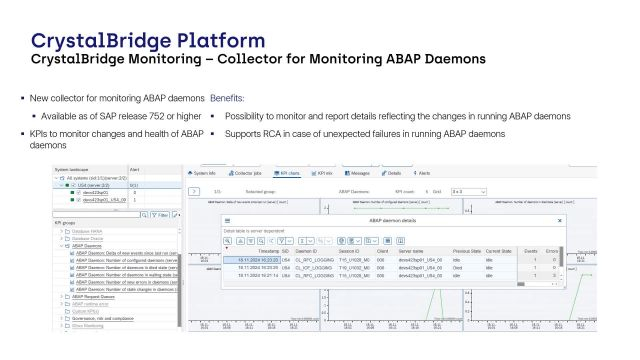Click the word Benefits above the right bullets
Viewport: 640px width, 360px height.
226,99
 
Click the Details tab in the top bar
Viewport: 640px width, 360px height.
390,173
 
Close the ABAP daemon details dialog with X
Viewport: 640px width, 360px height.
559,219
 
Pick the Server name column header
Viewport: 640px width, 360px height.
412,251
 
